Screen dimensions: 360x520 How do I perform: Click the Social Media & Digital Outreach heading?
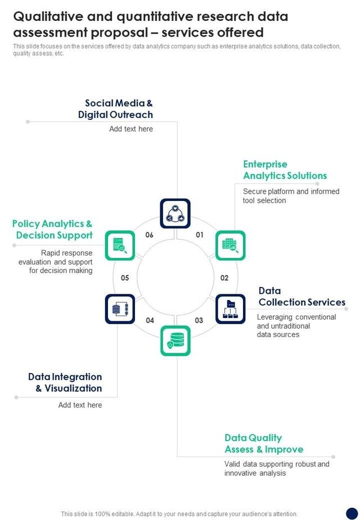[x=116, y=109]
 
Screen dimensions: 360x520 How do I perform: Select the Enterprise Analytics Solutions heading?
[x=285, y=170]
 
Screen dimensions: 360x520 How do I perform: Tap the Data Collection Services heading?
[x=301, y=297]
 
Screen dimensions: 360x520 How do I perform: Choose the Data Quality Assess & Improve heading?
[x=264, y=443]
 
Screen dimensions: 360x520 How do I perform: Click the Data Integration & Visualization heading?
[x=65, y=382]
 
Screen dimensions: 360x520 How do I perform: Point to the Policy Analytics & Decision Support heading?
[x=52, y=230]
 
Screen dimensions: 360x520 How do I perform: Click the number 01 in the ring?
[x=200, y=235]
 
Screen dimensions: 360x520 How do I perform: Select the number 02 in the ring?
[x=224, y=277]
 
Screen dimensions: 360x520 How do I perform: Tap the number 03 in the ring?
[x=199, y=320]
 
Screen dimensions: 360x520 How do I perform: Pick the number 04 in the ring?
[x=150, y=320]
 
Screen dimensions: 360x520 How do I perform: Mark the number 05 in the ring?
[x=125, y=277]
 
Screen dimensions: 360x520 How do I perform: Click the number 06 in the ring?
[x=150, y=235]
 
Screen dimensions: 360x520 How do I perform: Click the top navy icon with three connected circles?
[x=175, y=213]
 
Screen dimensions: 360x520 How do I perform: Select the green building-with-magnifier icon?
[x=231, y=245]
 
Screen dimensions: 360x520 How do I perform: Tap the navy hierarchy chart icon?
[x=231, y=309]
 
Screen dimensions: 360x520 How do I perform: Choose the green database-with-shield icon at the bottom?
[x=175, y=340]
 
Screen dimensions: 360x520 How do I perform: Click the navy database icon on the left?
[x=120, y=309]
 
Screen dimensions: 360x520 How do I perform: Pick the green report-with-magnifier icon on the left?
[x=120, y=245]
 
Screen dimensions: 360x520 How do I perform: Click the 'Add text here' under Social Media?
[x=131, y=129]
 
